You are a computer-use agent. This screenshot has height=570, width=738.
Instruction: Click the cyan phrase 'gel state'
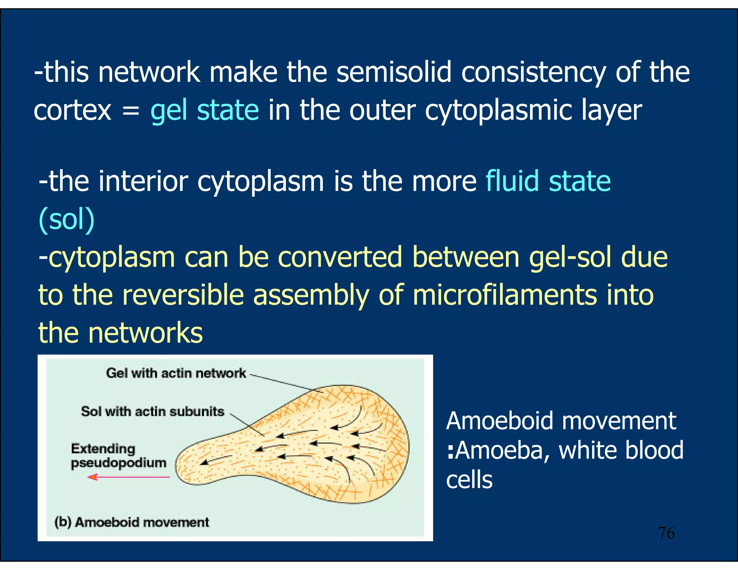tap(204, 110)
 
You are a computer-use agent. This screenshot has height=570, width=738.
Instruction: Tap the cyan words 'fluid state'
tap(548, 181)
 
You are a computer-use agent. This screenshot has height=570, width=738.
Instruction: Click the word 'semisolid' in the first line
tap(394, 72)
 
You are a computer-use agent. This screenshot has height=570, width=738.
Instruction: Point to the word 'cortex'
tap(72, 110)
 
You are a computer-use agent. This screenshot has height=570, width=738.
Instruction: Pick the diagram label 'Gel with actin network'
tap(175, 373)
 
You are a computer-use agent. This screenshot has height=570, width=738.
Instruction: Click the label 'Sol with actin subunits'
tap(152, 411)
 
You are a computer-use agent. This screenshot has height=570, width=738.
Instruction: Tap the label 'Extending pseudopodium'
tap(118, 456)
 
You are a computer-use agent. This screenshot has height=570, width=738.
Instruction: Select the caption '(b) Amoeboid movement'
tap(132, 522)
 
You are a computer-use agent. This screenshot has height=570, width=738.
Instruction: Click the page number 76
tap(666, 533)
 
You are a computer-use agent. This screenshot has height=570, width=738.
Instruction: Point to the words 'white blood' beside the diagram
tap(621, 450)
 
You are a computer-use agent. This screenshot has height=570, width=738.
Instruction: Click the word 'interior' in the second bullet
tap(143, 181)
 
